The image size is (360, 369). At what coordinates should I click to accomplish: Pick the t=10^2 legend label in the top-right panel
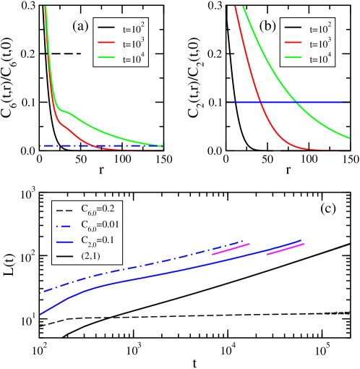click(321, 30)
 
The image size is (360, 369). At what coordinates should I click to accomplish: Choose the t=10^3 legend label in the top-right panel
click(321, 46)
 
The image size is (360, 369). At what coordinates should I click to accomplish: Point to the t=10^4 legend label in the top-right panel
click(321, 61)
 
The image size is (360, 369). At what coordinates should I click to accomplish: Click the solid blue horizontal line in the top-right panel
click(246, 103)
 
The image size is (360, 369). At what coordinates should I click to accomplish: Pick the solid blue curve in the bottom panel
click(145, 278)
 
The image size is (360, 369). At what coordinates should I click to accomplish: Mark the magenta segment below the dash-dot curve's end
click(231, 249)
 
